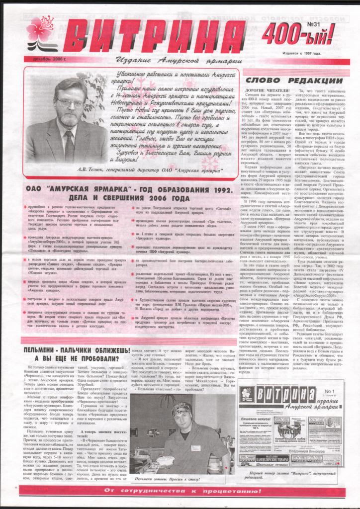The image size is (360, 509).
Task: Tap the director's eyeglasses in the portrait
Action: (x=71, y=103)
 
